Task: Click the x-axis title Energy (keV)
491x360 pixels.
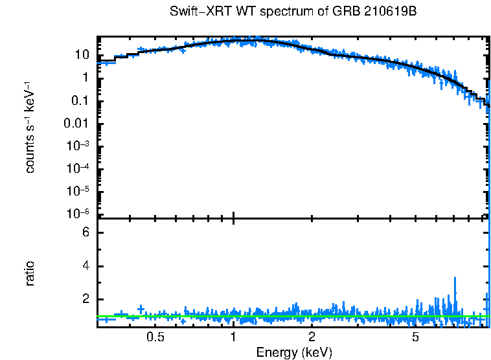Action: (294, 352)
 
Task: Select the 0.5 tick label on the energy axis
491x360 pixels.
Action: (155, 337)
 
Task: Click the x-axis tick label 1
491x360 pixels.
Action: (233, 337)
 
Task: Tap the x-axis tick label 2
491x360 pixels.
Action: (312, 337)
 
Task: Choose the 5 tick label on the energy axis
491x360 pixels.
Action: (415, 337)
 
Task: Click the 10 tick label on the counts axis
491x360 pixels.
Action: (81, 55)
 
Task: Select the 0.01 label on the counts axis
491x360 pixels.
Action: (76, 124)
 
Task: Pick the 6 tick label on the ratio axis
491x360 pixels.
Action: (84, 233)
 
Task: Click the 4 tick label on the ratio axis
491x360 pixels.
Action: (84, 266)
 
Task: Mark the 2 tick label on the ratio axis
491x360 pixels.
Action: (84, 300)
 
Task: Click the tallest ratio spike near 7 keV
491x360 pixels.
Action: (455, 280)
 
